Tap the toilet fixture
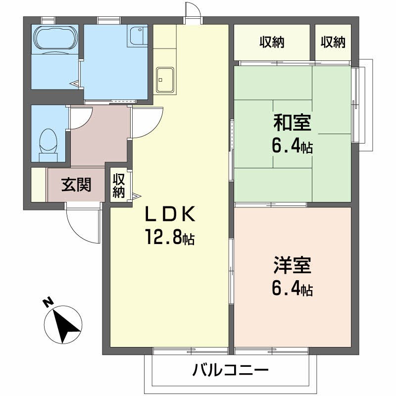(x=48, y=140)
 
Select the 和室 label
(x=292, y=122)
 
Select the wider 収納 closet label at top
(x=272, y=43)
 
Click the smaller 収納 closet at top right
(x=333, y=43)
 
